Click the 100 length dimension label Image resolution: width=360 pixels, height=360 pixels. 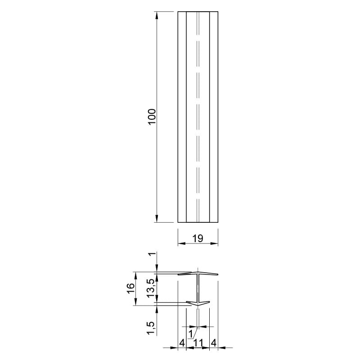152,117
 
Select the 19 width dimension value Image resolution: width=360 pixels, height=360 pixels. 198,238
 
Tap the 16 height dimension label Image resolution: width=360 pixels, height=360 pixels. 130,288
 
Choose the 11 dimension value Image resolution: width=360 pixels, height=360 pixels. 198,343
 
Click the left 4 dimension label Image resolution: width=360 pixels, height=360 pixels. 182,343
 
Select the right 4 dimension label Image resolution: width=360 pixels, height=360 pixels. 213,343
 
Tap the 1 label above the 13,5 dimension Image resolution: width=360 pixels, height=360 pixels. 152,254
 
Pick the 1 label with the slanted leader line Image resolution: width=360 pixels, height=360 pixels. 190,334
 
